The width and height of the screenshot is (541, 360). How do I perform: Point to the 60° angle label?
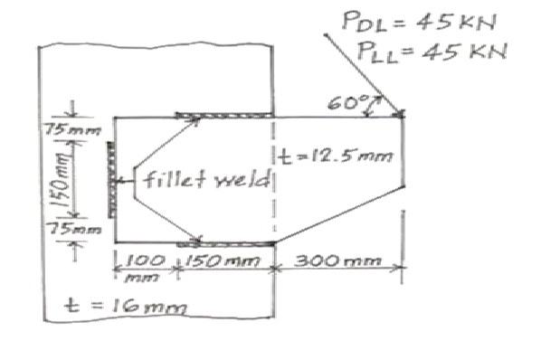point(344,101)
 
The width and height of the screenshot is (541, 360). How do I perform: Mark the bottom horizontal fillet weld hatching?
point(227,242)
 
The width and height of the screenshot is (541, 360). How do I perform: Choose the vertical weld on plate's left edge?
point(110,178)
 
